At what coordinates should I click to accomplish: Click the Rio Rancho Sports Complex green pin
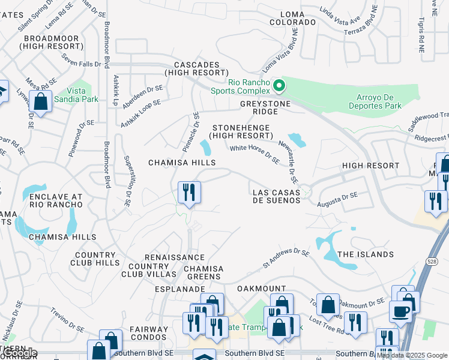click(x=279, y=86)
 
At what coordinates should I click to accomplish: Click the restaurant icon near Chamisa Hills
click(x=189, y=193)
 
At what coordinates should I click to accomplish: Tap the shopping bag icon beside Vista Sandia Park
click(x=40, y=101)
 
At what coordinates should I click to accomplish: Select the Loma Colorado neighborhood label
click(x=292, y=17)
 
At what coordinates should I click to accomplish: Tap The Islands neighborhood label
click(x=366, y=254)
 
